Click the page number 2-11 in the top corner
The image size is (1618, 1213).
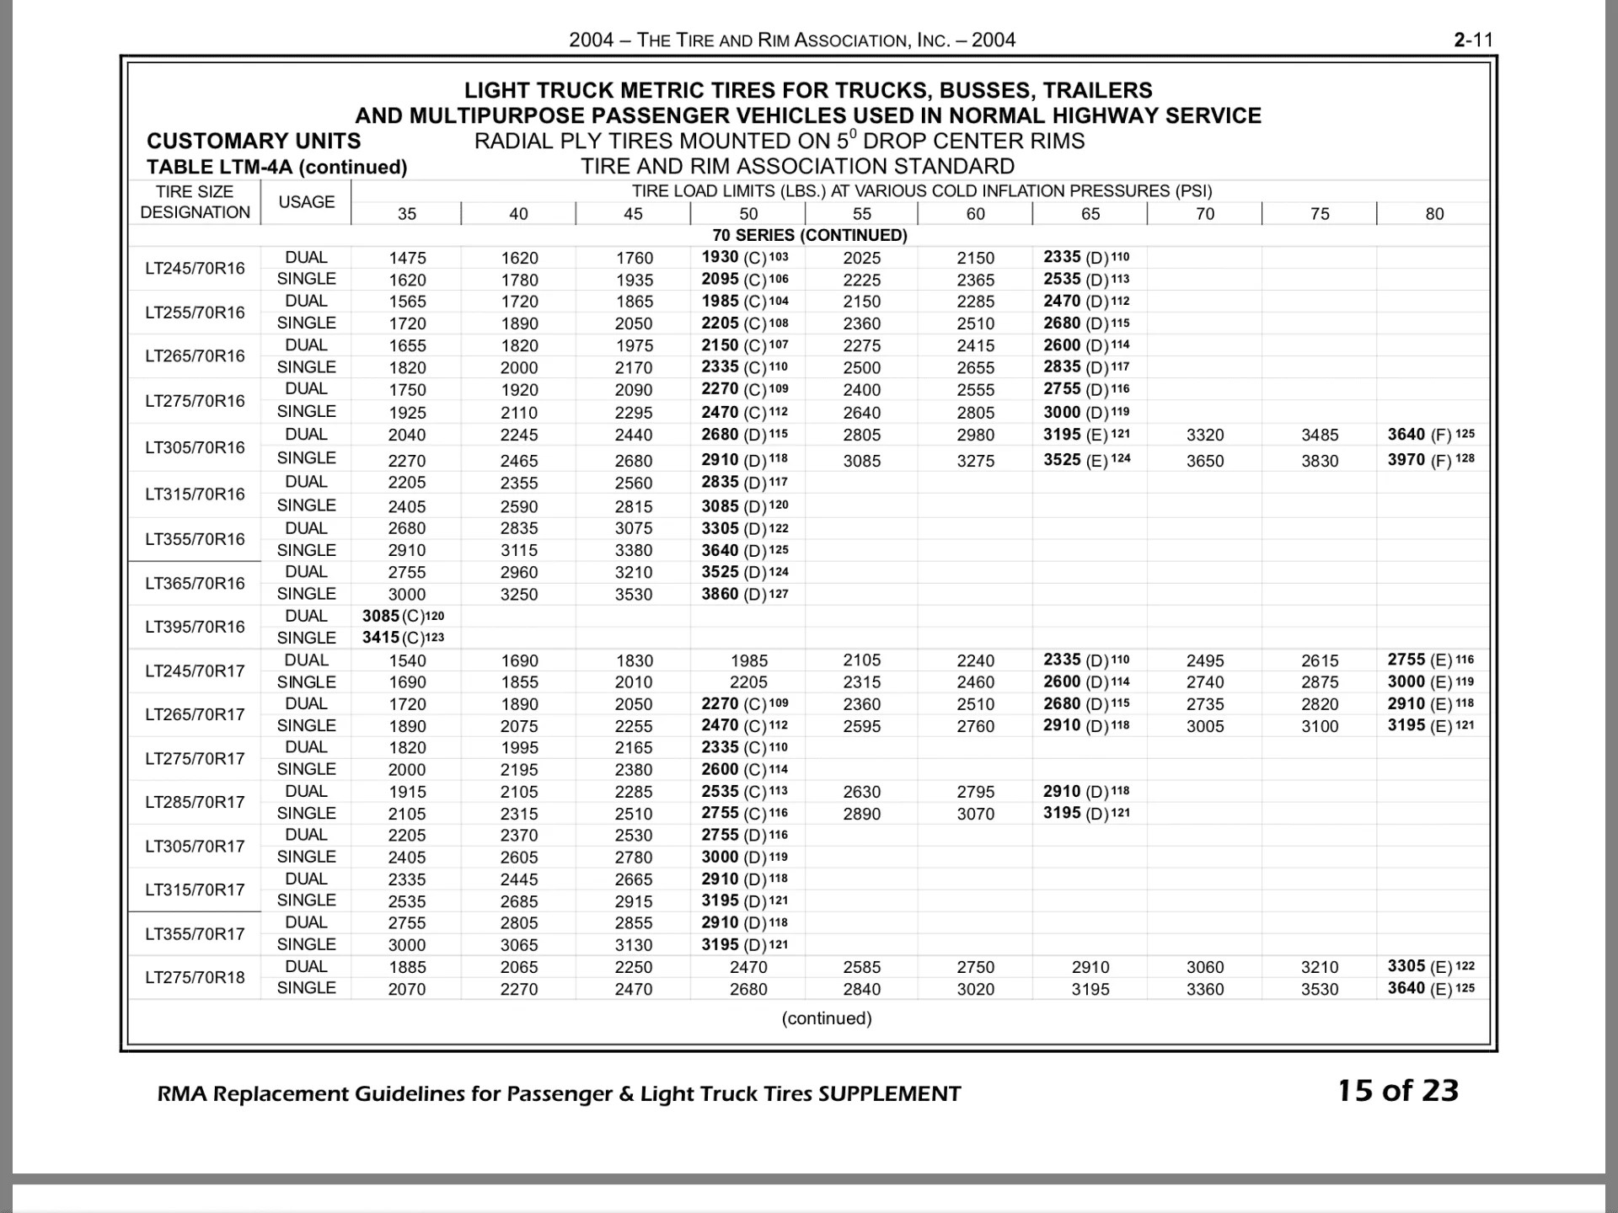pyautogui.click(x=1473, y=40)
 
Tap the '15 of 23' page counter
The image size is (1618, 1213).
pyautogui.click(x=1398, y=1091)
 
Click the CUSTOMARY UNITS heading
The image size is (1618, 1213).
pyautogui.click(x=254, y=141)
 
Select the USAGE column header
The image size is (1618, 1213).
pyautogui.click(x=306, y=202)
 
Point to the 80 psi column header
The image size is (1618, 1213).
pyautogui.click(x=1434, y=214)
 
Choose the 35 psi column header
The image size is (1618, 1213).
pyautogui.click(x=407, y=214)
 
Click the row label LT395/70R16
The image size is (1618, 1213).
pyautogui.click(x=195, y=627)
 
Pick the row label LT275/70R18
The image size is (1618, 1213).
pyautogui.click(x=195, y=977)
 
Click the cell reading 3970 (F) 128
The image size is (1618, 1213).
pyautogui.click(x=1431, y=460)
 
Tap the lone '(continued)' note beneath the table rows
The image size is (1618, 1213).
pyautogui.click(x=827, y=1018)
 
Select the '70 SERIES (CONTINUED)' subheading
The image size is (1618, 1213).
pyautogui.click(x=810, y=236)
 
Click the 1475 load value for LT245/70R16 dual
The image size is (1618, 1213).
pyautogui.click(x=407, y=258)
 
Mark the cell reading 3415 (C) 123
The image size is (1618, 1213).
pyautogui.click(x=403, y=638)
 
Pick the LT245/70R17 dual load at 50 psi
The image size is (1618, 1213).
pyautogui.click(x=748, y=660)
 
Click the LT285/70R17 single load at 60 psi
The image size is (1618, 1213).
pyautogui.click(x=975, y=814)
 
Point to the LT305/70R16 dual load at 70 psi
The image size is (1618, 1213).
pyautogui.click(x=1205, y=435)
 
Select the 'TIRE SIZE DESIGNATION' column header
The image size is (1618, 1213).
pyautogui.click(x=195, y=202)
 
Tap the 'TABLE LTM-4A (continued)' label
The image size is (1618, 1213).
pyautogui.click(x=276, y=167)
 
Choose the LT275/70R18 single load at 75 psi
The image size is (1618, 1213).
pyautogui.click(x=1320, y=989)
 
